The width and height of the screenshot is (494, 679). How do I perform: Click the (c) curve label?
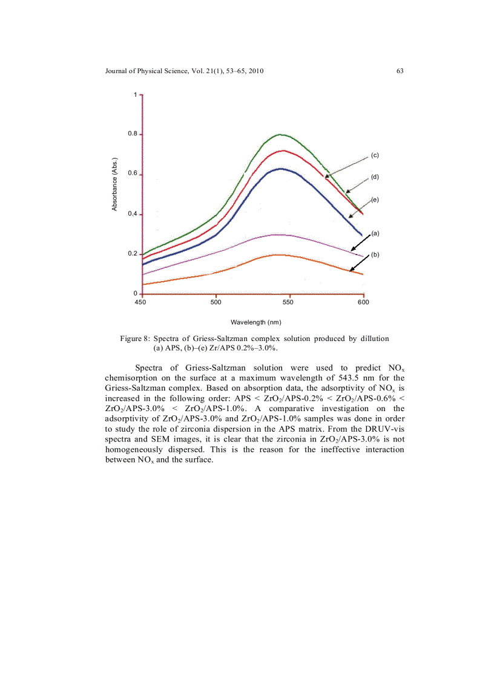point(375,156)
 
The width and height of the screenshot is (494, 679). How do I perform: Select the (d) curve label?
point(375,177)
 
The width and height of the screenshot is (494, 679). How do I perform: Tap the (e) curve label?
point(375,200)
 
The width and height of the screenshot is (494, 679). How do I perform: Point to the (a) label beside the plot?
point(375,233)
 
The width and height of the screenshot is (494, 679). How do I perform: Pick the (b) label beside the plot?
point(375,255)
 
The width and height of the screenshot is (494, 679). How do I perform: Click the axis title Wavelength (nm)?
point(255,322)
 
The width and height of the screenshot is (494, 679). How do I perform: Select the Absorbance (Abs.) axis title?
point(114,184)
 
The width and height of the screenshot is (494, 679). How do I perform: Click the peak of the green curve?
point(280,134)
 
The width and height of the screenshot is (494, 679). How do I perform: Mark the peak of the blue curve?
point(280,169)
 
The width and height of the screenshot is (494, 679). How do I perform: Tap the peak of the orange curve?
point(278,255)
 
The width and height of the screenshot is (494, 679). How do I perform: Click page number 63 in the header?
point(400,71)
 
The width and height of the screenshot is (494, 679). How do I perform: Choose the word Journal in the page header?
point(117,71)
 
